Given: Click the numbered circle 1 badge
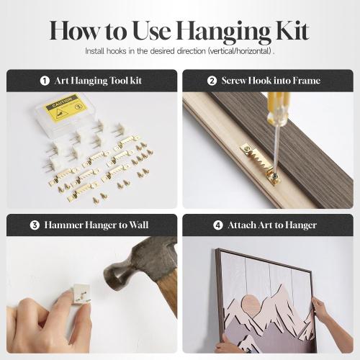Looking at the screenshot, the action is tap(45, 81).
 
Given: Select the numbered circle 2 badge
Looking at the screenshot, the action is tap(212, 81).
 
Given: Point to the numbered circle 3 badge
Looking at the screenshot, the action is tap(35, 225).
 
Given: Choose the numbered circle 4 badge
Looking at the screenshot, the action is tap(218, 225).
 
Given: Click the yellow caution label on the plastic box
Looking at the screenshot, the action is tap(65, 108).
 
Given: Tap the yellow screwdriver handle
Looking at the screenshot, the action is tap(279, 109).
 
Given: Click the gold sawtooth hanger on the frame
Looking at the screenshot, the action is tap(260, 163).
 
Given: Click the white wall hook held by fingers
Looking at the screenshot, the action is tap(81, 294).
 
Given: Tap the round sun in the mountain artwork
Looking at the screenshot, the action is tap(251, 304).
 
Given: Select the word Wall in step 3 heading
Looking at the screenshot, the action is tap(139, 225).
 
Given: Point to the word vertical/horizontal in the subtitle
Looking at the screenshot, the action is tap(240, 51).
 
